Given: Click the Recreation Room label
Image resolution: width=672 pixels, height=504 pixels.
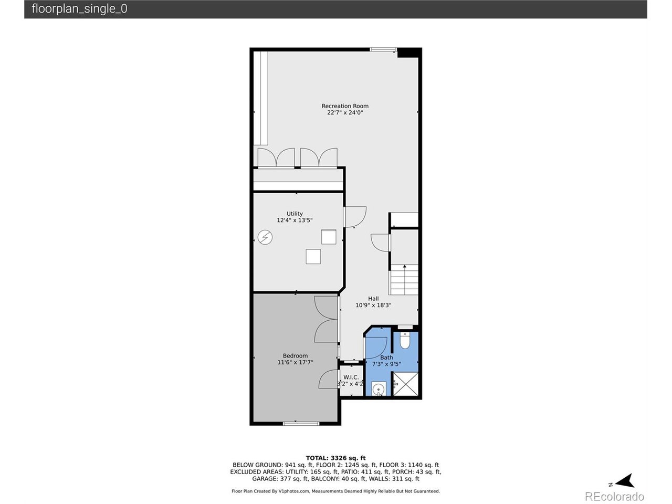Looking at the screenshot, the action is point(345,106).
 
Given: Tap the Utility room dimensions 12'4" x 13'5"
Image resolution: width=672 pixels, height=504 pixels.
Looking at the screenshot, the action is point(295,220).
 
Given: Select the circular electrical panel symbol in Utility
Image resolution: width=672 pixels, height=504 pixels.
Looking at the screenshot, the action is point(265,237).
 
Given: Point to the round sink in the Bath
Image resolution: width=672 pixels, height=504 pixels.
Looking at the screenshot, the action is point(379,389).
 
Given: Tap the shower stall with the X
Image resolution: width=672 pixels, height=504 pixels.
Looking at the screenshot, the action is point(405,384).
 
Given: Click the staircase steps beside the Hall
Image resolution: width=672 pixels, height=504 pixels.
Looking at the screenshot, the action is point(404,280).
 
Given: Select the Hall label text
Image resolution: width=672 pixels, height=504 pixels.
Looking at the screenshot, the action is point(373,299).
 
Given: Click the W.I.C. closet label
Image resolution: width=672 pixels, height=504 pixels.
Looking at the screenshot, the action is point(351,377).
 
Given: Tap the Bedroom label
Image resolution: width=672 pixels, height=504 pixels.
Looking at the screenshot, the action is point(295,356).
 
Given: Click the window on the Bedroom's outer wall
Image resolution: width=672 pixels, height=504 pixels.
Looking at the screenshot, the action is point(301,424).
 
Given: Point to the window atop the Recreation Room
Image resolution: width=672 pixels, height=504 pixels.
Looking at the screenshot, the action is point(383,49).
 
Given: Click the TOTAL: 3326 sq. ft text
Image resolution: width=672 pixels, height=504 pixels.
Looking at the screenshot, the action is point(335,458).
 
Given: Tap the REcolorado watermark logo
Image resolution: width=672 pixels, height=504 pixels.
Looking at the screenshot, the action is point(615,496).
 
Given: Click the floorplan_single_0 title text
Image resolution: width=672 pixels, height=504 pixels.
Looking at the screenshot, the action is point(79,8).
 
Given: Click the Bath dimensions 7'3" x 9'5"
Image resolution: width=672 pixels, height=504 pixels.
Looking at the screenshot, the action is point(386,364).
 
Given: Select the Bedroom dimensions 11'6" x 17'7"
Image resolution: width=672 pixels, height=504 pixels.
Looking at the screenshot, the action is point(295,362).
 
